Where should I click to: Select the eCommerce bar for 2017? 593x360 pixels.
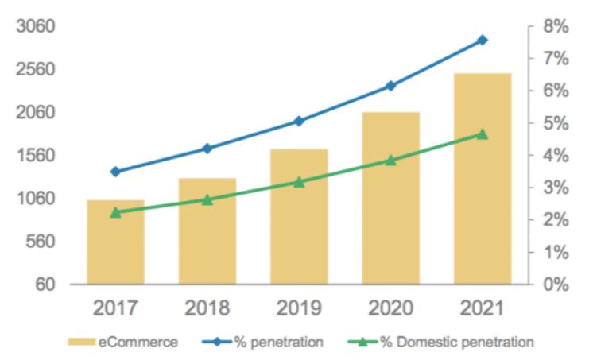click(x=115, y=242)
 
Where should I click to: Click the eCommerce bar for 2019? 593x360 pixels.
click(x=299, y=216)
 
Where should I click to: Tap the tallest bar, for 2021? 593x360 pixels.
click(x=483, y=178)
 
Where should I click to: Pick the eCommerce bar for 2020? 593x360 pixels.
click(x=390, y=198)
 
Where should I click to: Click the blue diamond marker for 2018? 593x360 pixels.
click(x=207, y=149)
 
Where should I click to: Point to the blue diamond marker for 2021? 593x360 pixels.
click(x=483, y=40)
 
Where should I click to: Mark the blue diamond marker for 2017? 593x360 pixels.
click(x=115, y=172)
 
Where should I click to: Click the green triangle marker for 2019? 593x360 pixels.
click(x=299, y=182)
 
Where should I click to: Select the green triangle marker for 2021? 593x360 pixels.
click(x=483, y=134)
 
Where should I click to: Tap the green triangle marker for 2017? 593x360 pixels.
click(x=115, y=212)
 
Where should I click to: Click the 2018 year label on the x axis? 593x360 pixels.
click(x=207, y=309)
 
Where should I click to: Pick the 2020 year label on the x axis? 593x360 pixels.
click(x=390, y=309)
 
